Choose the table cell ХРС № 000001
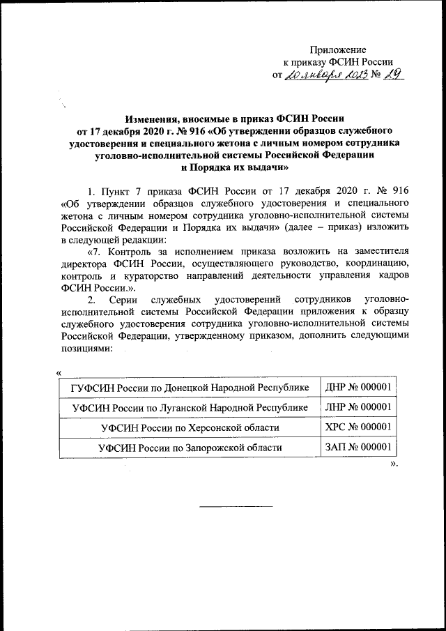point(357,427)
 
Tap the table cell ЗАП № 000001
point(357,447)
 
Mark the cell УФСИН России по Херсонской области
point(190,427)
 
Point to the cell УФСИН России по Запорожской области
point(190,447)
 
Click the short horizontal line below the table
point(233,505)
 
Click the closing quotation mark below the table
point(394,463)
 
